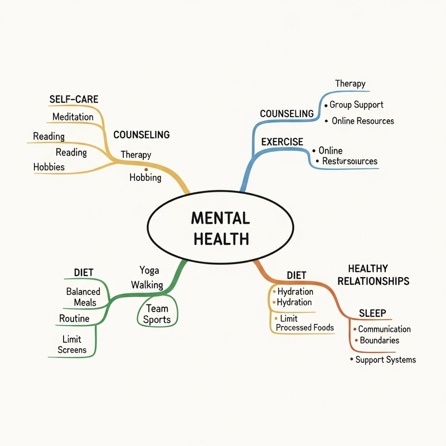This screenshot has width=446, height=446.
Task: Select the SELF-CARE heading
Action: click(x=74, y=100)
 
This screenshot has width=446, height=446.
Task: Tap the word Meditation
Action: click(x=73, y=117)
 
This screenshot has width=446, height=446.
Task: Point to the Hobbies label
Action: click(x=49, y=167)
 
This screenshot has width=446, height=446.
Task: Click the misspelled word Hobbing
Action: click(x=146, y=178)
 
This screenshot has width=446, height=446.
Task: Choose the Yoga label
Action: click(x=149, y=270)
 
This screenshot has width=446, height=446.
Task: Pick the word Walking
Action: click(x=147, y=285)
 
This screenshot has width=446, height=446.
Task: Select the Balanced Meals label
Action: click(x=83, y=297)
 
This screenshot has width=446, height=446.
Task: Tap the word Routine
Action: click(x=74, y=319)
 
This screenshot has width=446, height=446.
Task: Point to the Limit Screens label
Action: click(x=72, y=344)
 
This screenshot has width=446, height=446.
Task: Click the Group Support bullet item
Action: click(x=356, y=104)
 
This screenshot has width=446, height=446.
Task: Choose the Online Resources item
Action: click(x=362, y=120)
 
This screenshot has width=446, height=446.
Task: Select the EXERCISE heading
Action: click(x=282, y=142)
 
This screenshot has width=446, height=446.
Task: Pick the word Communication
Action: click(x=384, y=329)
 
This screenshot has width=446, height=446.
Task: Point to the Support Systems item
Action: click(x=385, y=360)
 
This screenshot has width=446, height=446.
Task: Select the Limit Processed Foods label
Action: click(x=304, y=323)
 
